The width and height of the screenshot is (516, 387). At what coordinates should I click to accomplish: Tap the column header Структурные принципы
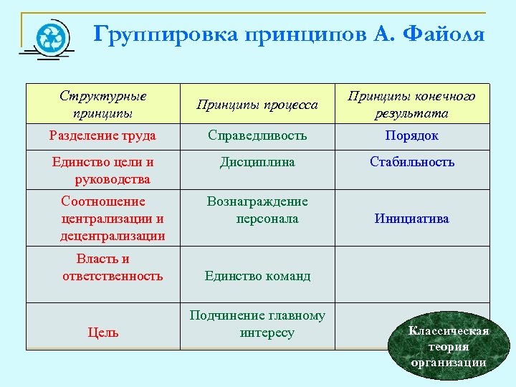[102, 105]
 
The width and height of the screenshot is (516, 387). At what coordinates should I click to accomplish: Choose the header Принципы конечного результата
[411, 105]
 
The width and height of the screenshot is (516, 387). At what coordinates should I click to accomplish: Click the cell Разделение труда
[102, 135]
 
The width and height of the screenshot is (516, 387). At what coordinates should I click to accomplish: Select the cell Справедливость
[257, 135]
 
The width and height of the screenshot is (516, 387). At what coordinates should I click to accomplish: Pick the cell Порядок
[411, 135]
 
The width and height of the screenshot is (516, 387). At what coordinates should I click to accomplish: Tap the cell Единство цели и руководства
[102, 170]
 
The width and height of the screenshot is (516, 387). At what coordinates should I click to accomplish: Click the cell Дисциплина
[257, 163]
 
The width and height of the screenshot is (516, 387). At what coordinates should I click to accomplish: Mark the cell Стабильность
[412, 162]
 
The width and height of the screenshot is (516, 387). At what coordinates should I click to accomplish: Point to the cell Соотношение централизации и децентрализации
[113, 218]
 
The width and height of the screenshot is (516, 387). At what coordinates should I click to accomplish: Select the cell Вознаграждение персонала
[258, 210]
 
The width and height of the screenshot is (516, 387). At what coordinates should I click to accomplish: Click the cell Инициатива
[411, 219]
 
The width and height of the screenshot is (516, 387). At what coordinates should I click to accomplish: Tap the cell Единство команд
[257, 275]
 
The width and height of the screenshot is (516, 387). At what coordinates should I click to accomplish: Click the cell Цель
[103, 332]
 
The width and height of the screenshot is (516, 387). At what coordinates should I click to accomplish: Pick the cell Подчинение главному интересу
[257, 324]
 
